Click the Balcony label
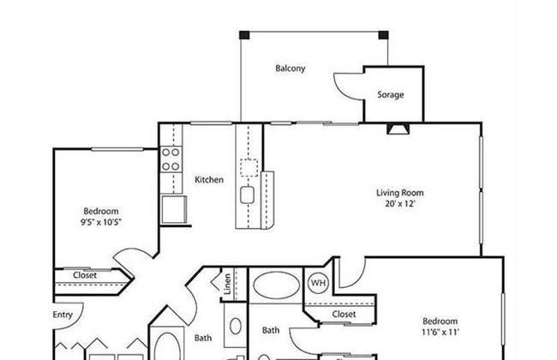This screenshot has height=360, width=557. (x=290, y=69)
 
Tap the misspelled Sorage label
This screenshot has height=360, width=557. (x=391, y=95)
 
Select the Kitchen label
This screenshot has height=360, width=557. (x=209, y=180)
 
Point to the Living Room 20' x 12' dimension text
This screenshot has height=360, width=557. (x=400, y=204)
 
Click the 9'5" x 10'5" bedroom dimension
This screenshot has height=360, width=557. (x=101, y=223)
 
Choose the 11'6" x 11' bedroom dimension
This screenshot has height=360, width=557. (x=440, y=333)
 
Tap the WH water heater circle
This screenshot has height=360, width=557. (x=318, y=283)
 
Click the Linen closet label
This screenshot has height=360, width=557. (x=227, y=284)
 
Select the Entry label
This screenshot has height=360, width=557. (x=63, y=315)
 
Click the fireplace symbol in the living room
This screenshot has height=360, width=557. (x=398, y=129)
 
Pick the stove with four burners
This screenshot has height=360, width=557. (x=171, y=159)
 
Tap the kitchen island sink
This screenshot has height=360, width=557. (x=247, y=195)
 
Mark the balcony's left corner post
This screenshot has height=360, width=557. (x=244, y=35)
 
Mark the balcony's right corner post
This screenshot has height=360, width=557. (x=383, y=35)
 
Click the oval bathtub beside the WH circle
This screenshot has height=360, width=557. (x=276, y=285)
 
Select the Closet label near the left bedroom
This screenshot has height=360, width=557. (x=85, y=275)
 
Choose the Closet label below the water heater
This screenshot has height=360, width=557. (x=344, y=315)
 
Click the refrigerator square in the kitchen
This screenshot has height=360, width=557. (x=174, y=209)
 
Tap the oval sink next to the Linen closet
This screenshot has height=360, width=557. (x=235, y=326)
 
